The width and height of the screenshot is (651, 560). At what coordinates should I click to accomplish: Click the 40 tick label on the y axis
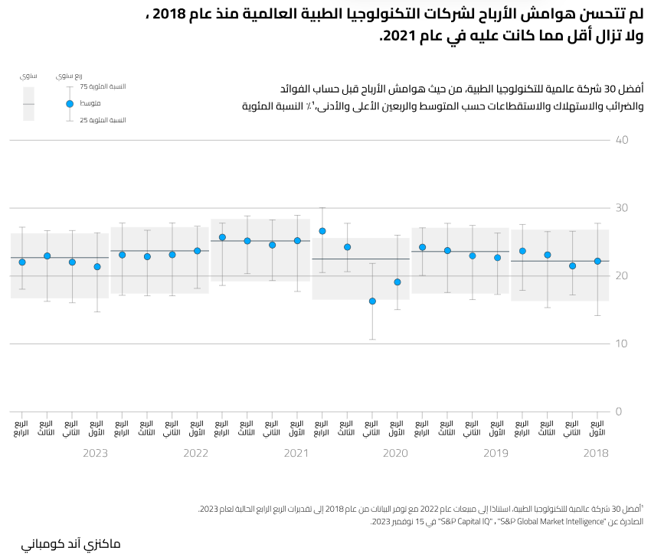[622, 141]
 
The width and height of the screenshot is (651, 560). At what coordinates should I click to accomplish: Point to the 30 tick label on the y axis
[622, 208]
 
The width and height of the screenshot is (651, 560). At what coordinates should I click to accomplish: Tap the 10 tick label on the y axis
[622, 343]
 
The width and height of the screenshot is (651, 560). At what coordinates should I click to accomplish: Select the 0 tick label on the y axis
[618, 412]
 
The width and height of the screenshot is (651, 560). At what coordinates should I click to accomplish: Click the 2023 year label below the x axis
[95, 454]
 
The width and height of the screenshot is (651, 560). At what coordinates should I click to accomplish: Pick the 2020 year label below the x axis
[395, 454]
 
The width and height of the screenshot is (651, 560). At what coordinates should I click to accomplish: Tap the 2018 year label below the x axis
[595, 454]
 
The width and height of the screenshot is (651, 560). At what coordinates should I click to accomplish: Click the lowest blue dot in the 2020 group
[372, 301]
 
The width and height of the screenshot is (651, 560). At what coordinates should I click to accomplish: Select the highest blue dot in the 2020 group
[322, 231]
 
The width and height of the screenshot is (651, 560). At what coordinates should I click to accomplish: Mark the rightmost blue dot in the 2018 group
[597, 262]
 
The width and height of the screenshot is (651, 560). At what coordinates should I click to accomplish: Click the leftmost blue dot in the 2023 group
[22, 262]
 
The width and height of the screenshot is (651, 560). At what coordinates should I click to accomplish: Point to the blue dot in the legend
[69, 103]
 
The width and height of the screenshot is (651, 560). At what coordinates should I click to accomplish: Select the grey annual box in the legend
[28, 103]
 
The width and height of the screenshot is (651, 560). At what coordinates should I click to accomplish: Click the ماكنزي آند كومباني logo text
[70, 544]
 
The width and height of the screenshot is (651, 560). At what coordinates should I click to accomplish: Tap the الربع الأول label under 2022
[197, 428]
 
